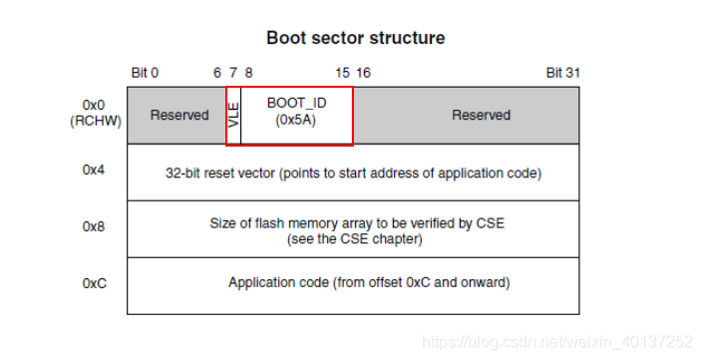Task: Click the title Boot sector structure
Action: coord(355,38)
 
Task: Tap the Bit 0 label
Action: coord(145,73)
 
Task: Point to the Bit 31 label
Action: coord(562,73)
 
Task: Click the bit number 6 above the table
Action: coord(217,73)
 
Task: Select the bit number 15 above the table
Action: coord(342,73)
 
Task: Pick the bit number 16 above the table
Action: coord(363,73)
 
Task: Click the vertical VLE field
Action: coord(234,115)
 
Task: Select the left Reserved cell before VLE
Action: coord(179,115)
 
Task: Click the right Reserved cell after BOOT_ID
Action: coord(481,115)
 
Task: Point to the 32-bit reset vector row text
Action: coord(353,173)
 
